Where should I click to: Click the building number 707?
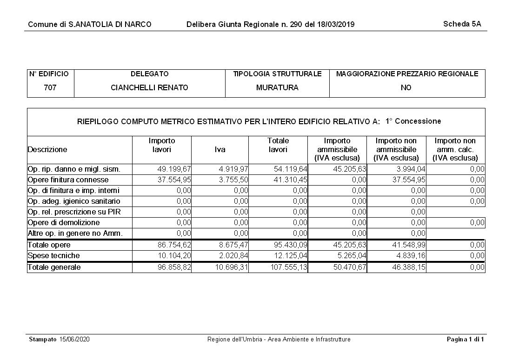pyautogui.click(x=50, y=87)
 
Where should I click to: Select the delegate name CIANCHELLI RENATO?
pyautogui.click(x=149, y=87)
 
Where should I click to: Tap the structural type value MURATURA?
pyautogui.click(x=277, y=87)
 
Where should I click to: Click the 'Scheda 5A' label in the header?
pyautogui.click(x=462, y=24)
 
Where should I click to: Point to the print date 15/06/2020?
pyautogui.click(x=74, y=339)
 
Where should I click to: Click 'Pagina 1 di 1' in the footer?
pyautogui.click(x=465, y=339)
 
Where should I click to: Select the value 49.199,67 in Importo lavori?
pyautogui.click(x=174, y=169)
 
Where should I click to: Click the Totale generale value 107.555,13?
pyautogui.click(x=289, y=267)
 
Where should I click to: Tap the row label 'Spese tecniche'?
pyautogui.click(x=53, y=255)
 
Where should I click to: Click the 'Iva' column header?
pyautogui.click(x=220, y=150)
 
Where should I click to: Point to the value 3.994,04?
pyautogui.click(x=409, y=169)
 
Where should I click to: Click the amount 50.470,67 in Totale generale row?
pyautogui.click(x=350, y=267)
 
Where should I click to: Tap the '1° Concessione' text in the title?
pyautogui.click(x=413, y=121)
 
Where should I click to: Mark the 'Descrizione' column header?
pyautogui.click(x=47, y=150)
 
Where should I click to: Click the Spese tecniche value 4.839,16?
pyautogui.click(x=409, y=255)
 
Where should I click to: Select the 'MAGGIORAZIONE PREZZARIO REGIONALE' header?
pyautogui.click(x=407, y=74)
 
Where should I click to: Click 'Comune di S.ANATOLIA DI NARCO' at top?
pyautogui.click(x=90, y=24)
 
